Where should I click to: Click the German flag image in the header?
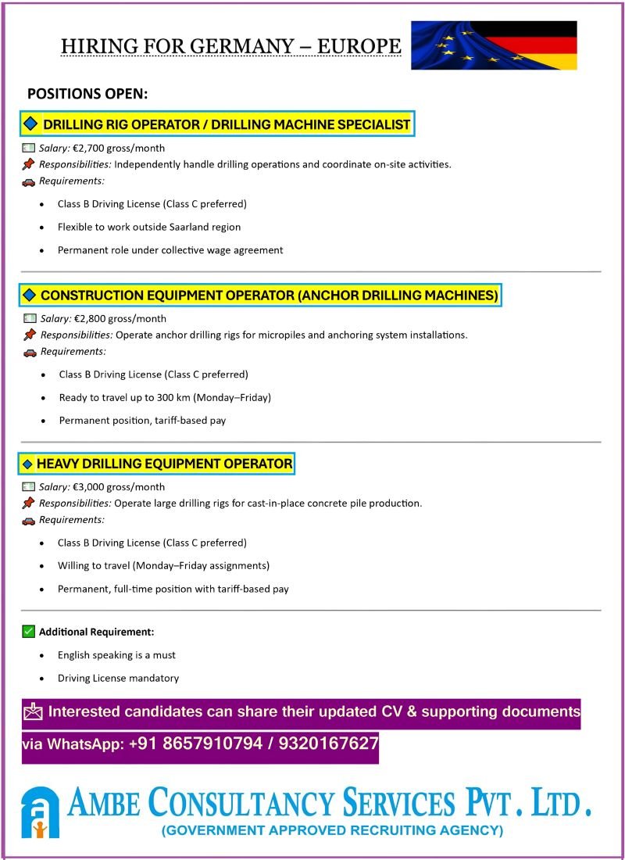(x=495, y=45)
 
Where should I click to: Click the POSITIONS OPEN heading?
(x=87, y=94)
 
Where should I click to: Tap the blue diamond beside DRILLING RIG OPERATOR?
(x=30, y=124)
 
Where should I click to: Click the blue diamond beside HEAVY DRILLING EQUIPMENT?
(x=27, y=464)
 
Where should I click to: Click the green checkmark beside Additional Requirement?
(x=29, y=631)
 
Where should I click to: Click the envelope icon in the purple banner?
(x=33, y=711)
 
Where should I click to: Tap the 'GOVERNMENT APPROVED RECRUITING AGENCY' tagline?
(x=332, y=830)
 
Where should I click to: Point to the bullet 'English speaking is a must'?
(x=116, y=655)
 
